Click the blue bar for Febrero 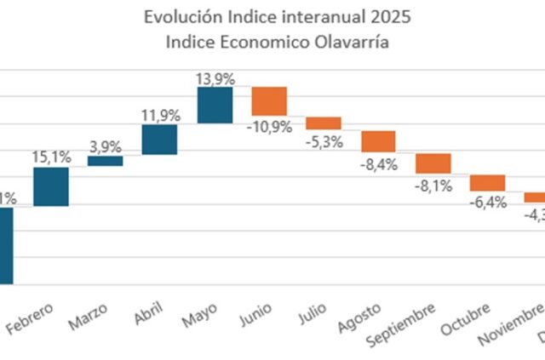[50, 186]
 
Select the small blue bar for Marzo [105, 160]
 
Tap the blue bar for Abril [159, 140]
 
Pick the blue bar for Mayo [215, 105]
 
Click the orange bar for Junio [269, 100]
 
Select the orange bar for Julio [324, 123]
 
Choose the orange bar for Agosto [378, 141]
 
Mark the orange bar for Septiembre [433, 163]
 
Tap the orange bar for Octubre [487, 183]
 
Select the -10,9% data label [269, 126]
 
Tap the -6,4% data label [487, 203]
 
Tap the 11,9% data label [159, 113]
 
